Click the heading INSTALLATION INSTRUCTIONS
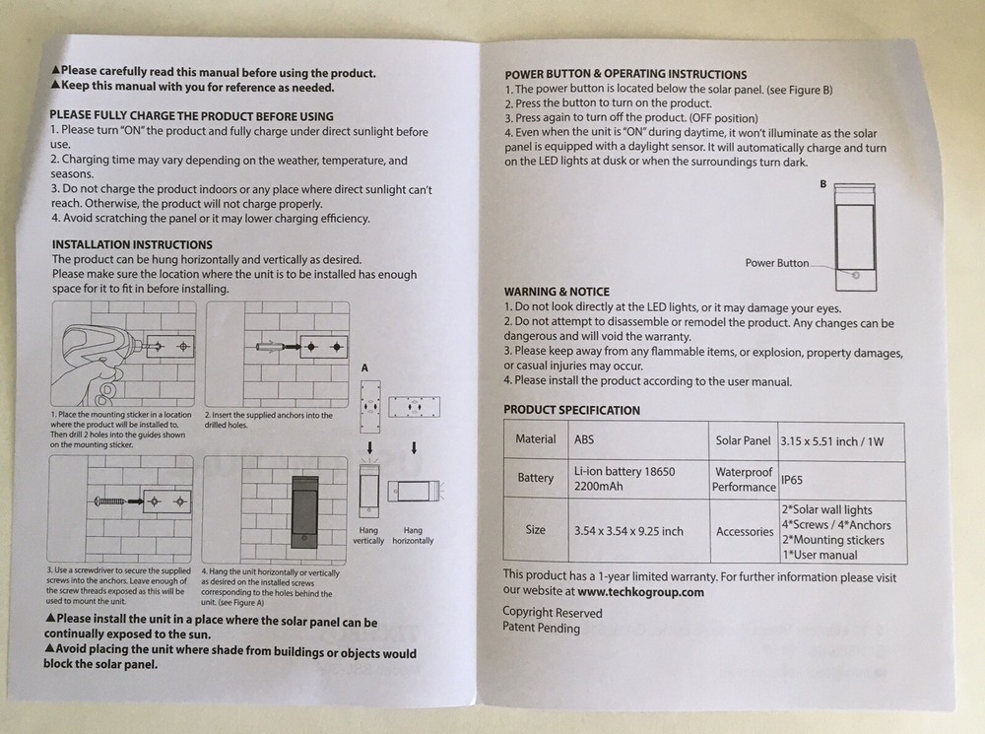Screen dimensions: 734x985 click(131, 244)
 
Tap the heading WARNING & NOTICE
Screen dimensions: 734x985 click(557, 293)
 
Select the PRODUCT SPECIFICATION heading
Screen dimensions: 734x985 click(571, 410)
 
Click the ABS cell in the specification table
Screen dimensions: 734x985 click(584, 439)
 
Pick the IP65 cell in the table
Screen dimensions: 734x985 click(793, 480)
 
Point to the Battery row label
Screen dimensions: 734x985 click(536, 478)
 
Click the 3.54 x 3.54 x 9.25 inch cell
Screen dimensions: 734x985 click(627, 531)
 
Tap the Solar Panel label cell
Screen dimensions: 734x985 click(743, 439)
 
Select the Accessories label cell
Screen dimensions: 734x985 click(745, 532)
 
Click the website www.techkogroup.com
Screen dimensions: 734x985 click(640, 592)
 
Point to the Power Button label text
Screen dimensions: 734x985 click(776, 263)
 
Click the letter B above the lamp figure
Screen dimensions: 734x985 click(822, 185)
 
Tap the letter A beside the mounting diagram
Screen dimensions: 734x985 click(364, 367)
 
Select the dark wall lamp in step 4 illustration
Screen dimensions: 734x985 click(308, 509)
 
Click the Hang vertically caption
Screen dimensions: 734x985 click(368, 536)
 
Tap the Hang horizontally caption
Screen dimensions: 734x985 click(413, 536)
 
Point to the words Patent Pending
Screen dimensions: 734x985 click(541, 628)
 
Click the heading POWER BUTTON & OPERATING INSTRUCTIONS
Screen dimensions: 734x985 click(625, 74)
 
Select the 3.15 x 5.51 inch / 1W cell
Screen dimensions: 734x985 click(830, 441)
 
